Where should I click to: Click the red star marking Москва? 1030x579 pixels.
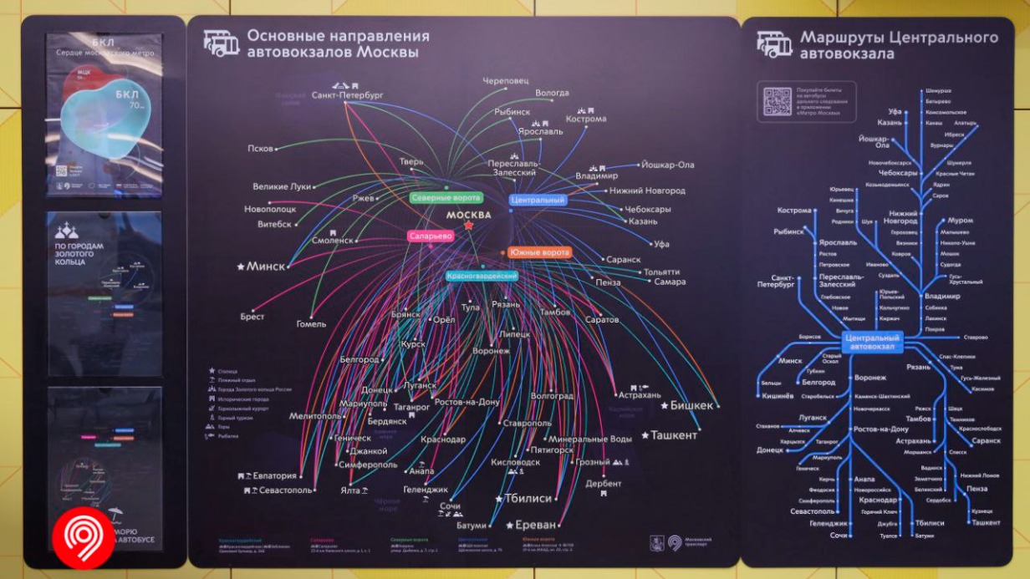[x=469, y=226]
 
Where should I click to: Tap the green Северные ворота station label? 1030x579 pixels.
[x=446, y=198]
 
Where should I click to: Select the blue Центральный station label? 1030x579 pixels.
[x=538, y=201]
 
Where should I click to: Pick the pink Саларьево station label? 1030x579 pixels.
[x=431, y=236]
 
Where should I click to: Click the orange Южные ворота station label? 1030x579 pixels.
[x=539, y=252]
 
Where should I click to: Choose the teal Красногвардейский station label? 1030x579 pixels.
[x=482, y=276]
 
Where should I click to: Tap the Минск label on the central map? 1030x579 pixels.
[x=267, y=266]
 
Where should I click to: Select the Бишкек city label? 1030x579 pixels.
[x=692, y=405]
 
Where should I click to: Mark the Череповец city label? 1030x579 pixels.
[x=506, y=81]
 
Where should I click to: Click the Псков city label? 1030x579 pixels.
[x=260, y=149]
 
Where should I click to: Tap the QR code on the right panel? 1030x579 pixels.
[x=777, y=102]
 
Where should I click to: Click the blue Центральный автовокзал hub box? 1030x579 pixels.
[x=874, y=342]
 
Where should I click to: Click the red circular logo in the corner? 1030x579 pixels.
[x=83, y=537]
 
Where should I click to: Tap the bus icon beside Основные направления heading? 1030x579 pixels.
[x=222, y=43]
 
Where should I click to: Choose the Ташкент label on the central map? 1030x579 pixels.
[x=674, y=435]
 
